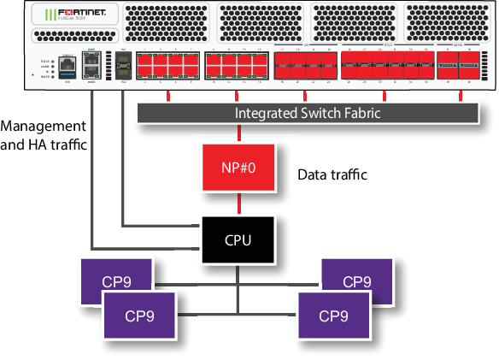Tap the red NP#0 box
(238, 168)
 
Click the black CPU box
(238, 239)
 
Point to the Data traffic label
(332, 174)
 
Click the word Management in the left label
(43, 127)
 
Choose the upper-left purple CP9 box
(115, 280)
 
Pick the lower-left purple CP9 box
(138, 316)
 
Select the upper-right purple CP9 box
(356, 280)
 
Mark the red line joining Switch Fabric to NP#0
(238, 133)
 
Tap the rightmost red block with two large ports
(458, 65)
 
